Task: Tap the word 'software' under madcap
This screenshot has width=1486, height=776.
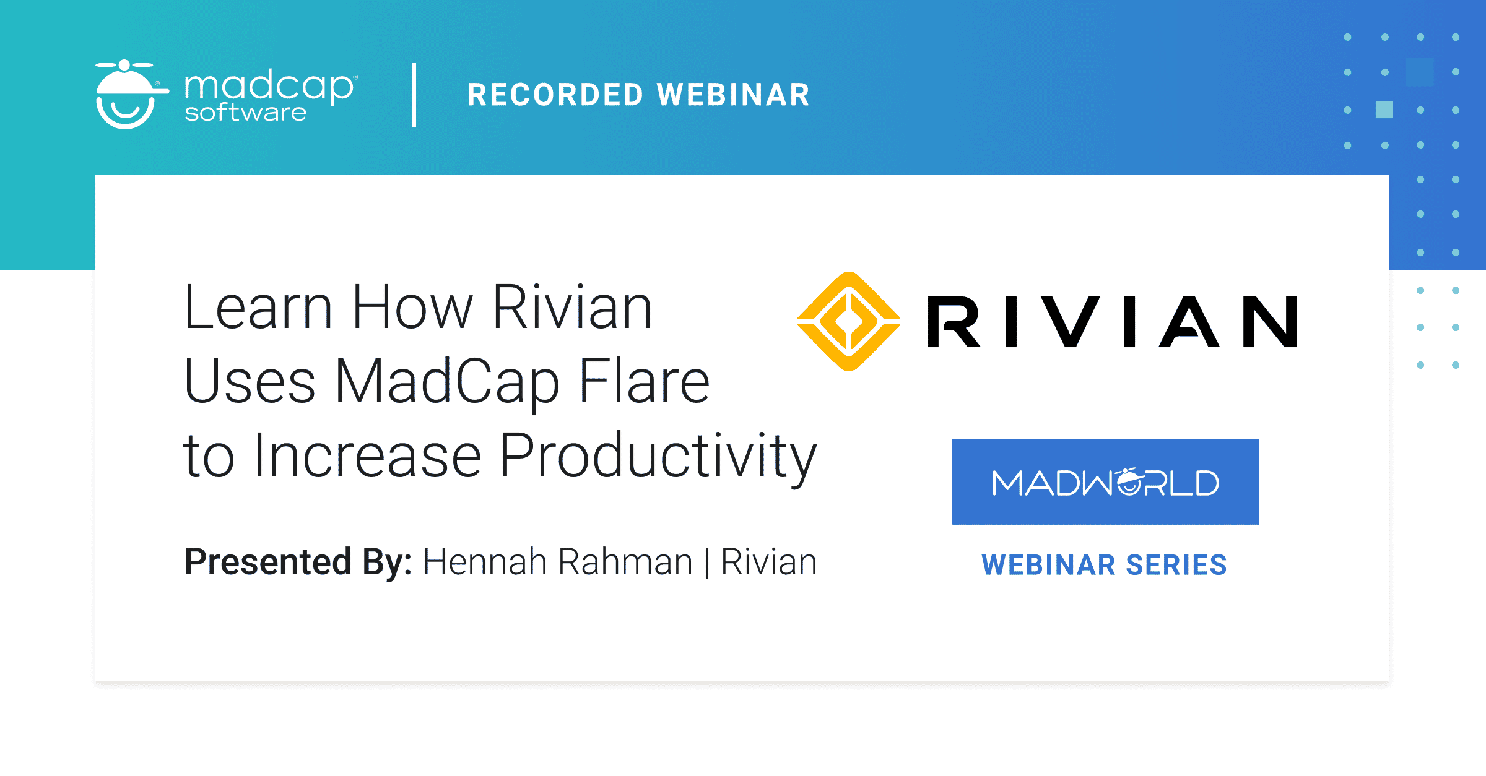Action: coord(245,113)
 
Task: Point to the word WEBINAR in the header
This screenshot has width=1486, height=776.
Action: coord(733,95)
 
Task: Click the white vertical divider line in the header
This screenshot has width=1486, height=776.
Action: coord(414,95)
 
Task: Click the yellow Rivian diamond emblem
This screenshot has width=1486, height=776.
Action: coord(849,321)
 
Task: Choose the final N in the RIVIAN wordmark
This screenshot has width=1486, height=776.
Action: coord(1269,321)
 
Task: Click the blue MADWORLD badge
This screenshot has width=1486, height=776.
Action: coord(1105,482)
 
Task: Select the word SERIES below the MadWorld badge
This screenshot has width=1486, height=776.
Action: coord(1176,565)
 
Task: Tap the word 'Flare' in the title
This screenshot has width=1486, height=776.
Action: coord(644,382)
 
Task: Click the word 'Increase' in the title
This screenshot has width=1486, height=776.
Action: coord(368,457)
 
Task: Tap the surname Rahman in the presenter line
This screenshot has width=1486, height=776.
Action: coord(625,562)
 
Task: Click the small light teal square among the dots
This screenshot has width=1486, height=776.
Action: coord(1384,110)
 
